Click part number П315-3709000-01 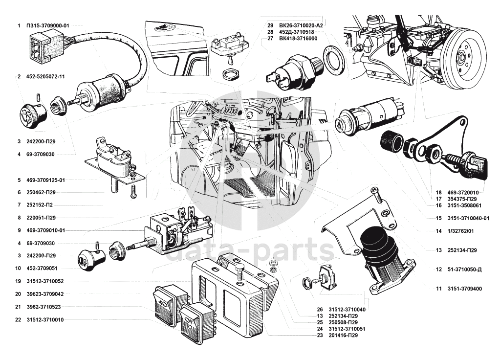click(48, 25)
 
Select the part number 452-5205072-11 click(45, 77)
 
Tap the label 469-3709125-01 click(45, 180)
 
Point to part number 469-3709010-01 click(45, 230)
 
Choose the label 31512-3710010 click(45, 320)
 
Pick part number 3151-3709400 click(465, 289)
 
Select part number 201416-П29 click(343, 336)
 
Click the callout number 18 click(439, 193)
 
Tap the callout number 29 click(270, 25)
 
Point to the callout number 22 click(18, 320)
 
